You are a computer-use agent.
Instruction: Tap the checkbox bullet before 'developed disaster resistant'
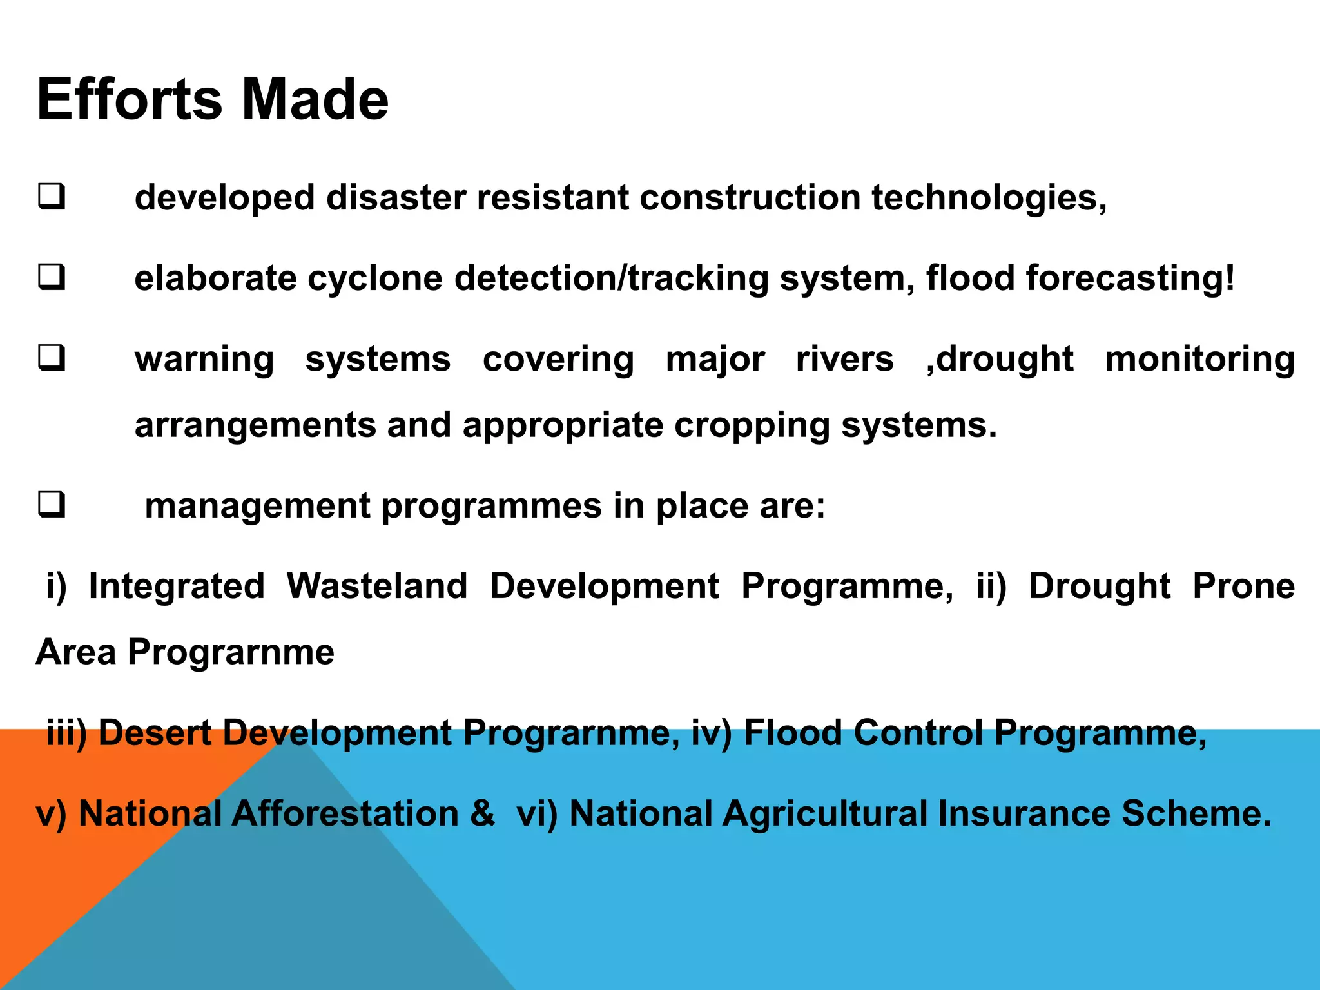click(x=52, y=197)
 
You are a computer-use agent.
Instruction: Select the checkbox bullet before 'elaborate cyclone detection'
click(x=52, y=278)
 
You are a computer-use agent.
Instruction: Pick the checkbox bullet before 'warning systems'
click(x=52, y=358)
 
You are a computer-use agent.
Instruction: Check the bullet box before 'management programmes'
click(x=52, y=505)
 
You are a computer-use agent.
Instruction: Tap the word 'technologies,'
click(x=989, y=197)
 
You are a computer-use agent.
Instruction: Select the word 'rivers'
click(x=844, y=359)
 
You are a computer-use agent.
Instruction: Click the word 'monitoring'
click(x=1199, y=359)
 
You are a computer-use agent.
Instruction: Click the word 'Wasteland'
click(x=377, y=586)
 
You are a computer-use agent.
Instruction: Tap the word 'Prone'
click(x=1243, y=586)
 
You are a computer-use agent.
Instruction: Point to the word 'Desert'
click(x=155, y=733)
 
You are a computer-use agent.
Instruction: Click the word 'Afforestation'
click(x=345, y=813)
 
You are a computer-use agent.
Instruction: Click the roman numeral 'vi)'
click(x=537, y=813)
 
